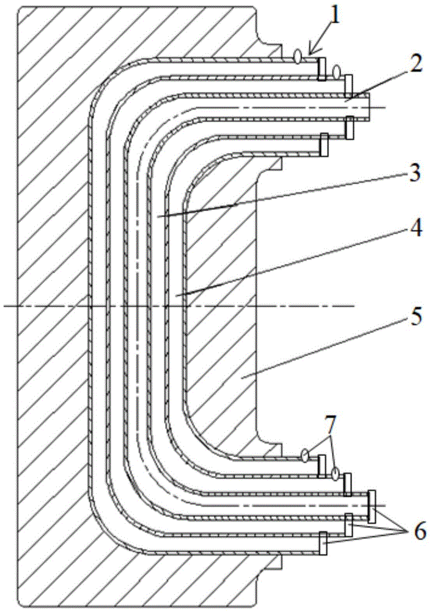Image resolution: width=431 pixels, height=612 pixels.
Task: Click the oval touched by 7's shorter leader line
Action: coord(305,454)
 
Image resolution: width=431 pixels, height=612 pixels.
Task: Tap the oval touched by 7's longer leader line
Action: coord(334,474)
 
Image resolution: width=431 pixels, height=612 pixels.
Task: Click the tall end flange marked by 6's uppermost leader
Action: coord(372,506)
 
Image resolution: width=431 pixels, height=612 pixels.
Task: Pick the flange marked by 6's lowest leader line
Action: coord(323,543)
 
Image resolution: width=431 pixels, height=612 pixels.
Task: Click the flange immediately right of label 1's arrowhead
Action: coord(322,69)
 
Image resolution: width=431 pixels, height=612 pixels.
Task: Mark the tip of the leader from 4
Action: coord(177,296)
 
